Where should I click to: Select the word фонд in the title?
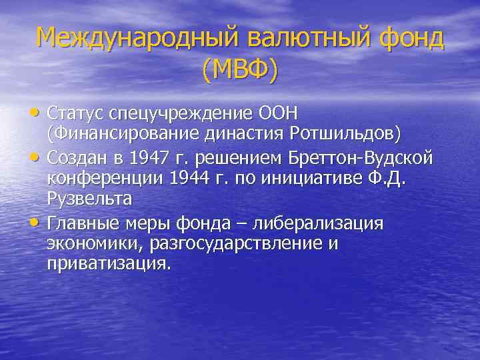pyautogui.click(x=411, y=38)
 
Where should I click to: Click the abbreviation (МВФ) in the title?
pyautogui.click(x=240, y=69)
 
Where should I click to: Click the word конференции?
pyautogui.click(x=105, y=178)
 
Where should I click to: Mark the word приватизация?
pyautogui.click(x=109, y=265)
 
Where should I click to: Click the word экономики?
pyautogui.click(x=93, y=243)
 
